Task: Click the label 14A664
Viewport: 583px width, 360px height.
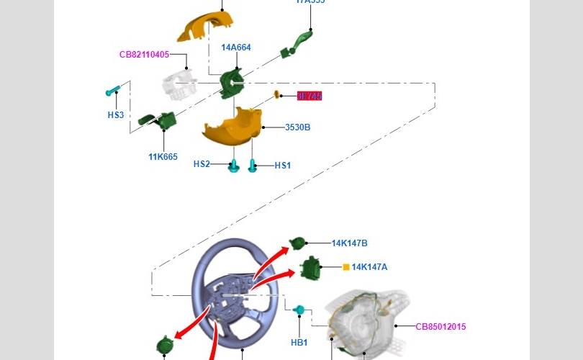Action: point(236,48)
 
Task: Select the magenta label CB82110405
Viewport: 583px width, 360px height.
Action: point(144,54)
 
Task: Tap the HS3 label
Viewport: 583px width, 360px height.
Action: point(116,115)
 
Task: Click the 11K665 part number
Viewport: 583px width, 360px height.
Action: point(163,157)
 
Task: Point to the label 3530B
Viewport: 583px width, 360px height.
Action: point(297,127)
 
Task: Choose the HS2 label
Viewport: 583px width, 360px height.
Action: point(202,164)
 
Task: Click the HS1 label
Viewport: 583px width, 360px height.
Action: point(283,166)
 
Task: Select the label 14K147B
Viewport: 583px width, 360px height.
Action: point(349,243)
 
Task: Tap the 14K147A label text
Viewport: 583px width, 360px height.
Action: point(369,267)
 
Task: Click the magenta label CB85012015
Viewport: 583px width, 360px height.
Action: point(440,327)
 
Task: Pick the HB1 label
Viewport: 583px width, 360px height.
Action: point(299,343)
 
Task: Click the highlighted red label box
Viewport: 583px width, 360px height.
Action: point(309,96)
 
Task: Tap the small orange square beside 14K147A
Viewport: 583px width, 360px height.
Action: point(346,267)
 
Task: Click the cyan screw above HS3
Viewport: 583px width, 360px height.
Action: point(112,91)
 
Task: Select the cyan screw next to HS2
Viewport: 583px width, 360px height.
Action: point(234,166)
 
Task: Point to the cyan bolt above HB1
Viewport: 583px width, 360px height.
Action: point(300,310)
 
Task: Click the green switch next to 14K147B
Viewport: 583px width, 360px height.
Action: point(298,246)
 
